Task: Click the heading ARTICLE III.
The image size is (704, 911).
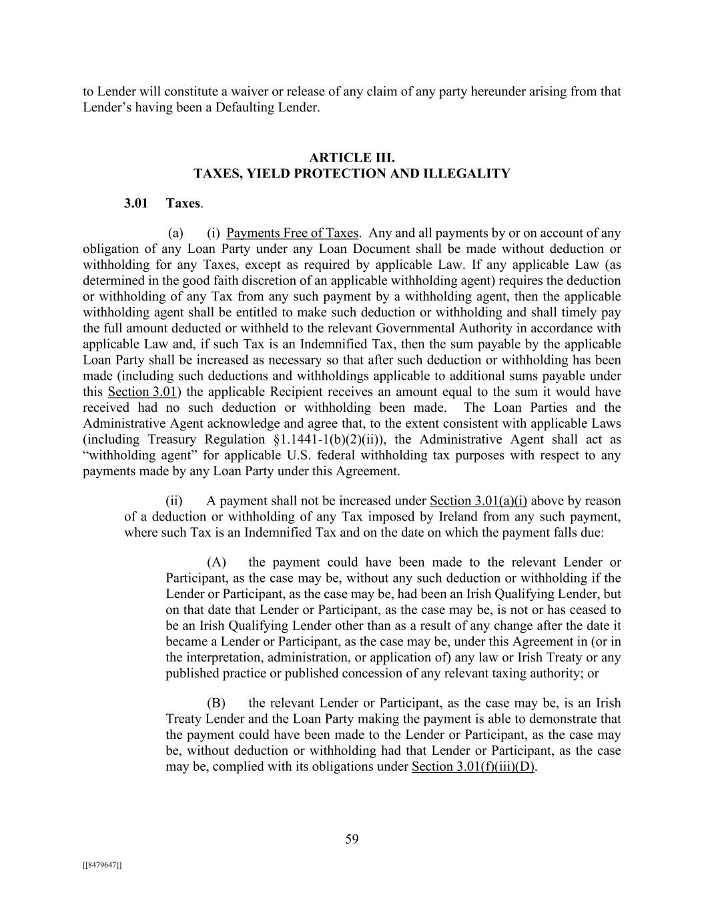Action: point(352,158)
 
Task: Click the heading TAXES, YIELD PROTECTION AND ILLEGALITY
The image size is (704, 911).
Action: point(352,174)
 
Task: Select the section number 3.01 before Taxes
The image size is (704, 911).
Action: point(135,203)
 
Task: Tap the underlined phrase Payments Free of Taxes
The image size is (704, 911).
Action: point(292,233)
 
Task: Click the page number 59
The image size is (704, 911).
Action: point(352,839)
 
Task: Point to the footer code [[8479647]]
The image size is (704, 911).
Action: point(102,865)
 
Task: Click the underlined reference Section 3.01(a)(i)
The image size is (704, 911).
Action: point(478,501)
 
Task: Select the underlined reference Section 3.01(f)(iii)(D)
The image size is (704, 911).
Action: point(474,766)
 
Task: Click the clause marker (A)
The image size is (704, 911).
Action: point(217,562)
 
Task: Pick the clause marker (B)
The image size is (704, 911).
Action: point(217,703)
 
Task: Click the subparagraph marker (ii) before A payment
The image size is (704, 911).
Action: point(174,501)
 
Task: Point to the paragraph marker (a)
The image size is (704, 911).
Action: point(175,233)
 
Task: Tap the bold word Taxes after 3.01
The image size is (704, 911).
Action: point(183,203)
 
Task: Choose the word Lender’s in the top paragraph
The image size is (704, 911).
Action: point(107,107)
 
